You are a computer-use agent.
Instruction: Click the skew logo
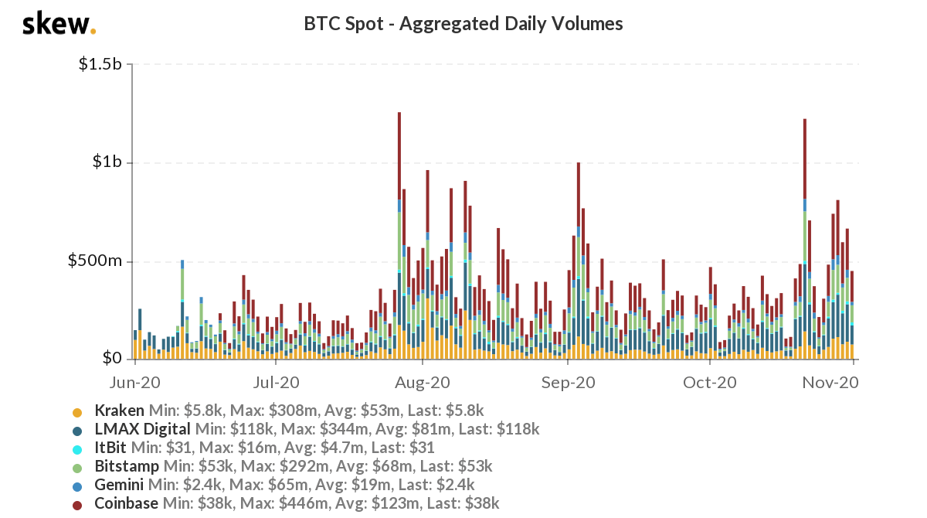59,24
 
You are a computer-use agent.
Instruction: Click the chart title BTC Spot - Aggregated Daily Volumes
463,24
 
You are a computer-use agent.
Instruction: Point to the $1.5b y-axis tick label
100,65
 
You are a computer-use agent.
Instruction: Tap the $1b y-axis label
107,163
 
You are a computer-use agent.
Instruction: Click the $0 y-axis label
113,359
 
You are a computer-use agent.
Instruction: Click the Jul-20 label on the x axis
276,382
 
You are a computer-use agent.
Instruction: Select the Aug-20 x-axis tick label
422,382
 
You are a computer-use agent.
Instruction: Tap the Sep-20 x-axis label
568,382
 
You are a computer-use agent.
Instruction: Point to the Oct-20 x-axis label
710,382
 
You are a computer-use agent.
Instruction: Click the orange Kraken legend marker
77,411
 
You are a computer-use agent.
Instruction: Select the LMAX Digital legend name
142,429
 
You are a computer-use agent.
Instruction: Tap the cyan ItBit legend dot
77,448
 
